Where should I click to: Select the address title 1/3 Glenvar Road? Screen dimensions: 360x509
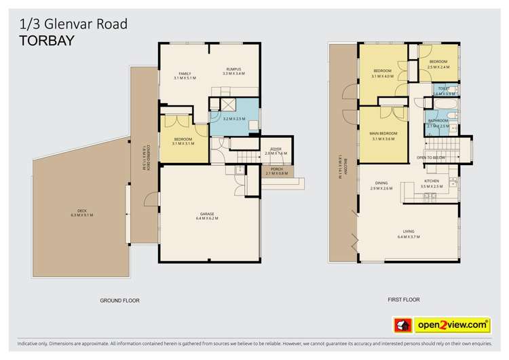(69, 24)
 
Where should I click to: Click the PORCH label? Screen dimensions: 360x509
(276, 170)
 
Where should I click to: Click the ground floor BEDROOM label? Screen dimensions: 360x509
(184, 141)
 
